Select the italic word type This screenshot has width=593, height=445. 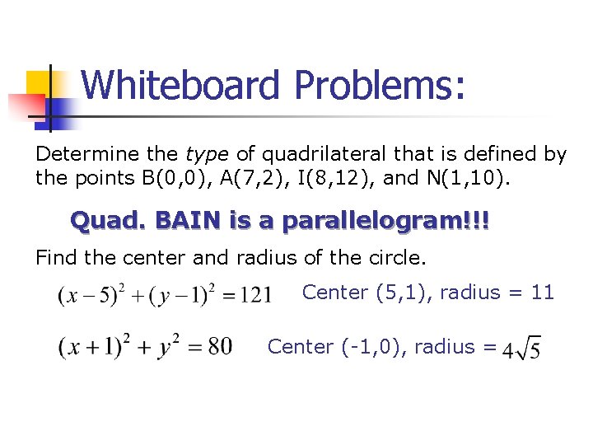click(208, 154)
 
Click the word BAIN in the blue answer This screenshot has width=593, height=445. click(182, 221)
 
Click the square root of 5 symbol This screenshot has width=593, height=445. click(529, 349)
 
